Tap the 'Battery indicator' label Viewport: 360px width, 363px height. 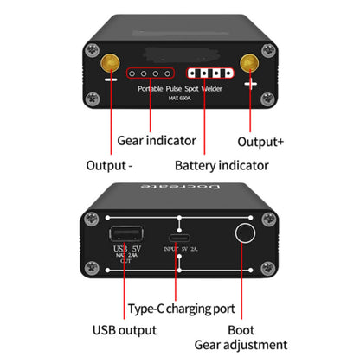point(221,164)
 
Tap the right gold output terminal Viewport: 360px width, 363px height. point(250,63)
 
